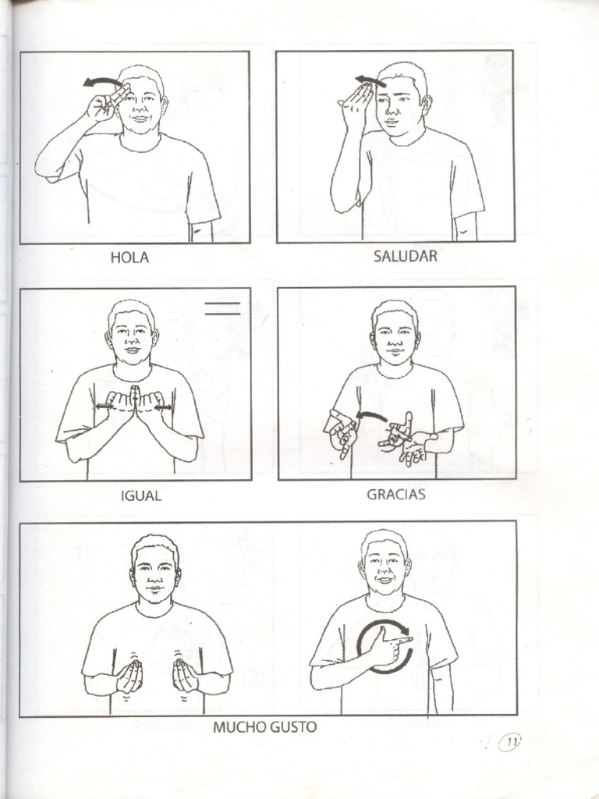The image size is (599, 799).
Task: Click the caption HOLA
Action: pyautogui.click(x=129, y=258)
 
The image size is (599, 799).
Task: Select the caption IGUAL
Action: pyautogui.click(x=141, y=495)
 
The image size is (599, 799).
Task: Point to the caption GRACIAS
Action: pyautogui.click(x=396, y=494)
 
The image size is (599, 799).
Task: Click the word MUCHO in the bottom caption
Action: pyautogui.click(x=239, y=727)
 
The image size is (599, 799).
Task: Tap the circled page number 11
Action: pyautogui.click(x=512, y=742)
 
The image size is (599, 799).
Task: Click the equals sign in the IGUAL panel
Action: pyautogui.click(x=223, y=308)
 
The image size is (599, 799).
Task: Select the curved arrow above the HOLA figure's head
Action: pyautogui.click(x=101, y=82)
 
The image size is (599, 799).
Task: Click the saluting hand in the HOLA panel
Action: pyautogui.click(x=105, y=104)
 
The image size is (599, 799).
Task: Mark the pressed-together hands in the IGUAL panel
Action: pyautogui.click(x=134, y=404)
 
